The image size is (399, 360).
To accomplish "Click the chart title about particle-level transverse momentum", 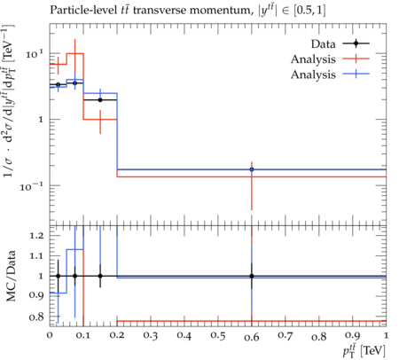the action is point(188,11).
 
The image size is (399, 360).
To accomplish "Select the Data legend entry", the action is point(340,43).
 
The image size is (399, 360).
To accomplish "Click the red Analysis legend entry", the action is point(330,59).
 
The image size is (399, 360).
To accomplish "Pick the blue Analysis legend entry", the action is point(330,74).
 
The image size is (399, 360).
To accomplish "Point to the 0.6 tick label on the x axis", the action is point(252,337).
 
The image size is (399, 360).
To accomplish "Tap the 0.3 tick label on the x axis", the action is point(151,336).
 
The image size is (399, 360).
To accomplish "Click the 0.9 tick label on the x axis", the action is point(353,336).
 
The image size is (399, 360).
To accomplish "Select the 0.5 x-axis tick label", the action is point(218,336).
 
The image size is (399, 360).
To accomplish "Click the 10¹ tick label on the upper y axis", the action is point(35,54).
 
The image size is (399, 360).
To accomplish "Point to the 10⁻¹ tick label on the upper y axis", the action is point(32,186).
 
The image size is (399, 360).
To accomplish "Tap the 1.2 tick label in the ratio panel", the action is point(36,236).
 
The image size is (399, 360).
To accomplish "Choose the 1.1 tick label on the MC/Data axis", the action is point(36,256).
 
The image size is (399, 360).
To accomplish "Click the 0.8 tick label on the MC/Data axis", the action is point(36,317).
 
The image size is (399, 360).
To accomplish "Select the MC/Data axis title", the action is point(11,276).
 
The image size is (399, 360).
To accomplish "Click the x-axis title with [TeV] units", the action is point(364,350).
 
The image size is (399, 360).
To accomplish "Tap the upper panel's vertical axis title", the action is point(9,100).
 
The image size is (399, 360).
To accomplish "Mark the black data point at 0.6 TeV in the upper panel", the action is point(252,169).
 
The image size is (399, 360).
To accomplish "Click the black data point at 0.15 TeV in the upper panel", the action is point(100,100).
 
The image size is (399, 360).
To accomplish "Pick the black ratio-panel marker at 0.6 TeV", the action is point(252,276).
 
